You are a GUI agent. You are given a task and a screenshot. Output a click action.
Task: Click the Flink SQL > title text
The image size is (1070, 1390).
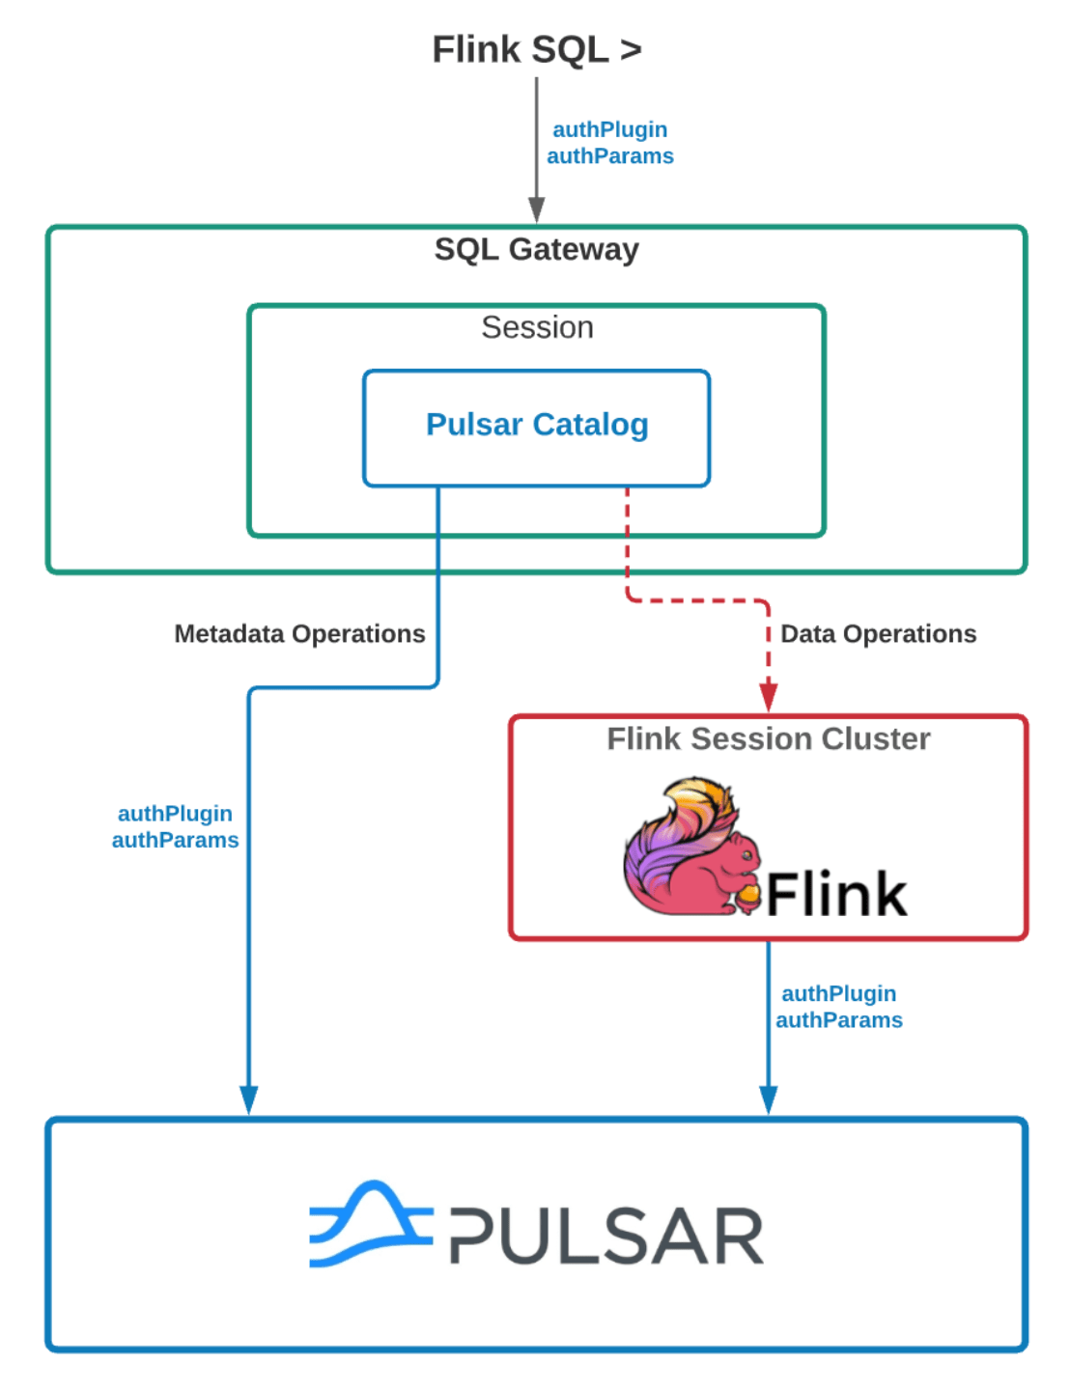click(536, 49)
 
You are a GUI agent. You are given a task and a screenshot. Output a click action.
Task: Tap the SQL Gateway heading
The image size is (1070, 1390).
click(536, 249)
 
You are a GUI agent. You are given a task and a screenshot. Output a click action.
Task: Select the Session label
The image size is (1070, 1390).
click(537, 327)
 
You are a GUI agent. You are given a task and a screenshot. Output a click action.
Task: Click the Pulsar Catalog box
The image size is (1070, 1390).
click(537, 425)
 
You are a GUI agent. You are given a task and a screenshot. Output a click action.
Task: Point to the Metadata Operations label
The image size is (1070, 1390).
click(299, 633)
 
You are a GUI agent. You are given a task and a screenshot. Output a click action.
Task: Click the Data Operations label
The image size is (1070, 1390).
click(878, 633)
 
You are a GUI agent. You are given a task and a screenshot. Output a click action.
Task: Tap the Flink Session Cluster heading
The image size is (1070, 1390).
click(768, 738)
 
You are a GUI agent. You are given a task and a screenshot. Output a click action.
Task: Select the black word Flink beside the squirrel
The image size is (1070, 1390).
click(836, 894)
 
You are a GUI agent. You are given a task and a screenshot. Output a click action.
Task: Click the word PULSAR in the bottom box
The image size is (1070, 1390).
click(606, 1236)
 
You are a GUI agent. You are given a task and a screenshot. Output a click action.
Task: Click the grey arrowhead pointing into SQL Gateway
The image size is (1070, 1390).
click(537, 209)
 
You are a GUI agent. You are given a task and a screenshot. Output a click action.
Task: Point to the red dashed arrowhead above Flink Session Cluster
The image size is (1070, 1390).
click(769, 697)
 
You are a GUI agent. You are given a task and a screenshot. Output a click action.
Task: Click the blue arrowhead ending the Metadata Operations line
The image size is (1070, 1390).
click(249, 1099)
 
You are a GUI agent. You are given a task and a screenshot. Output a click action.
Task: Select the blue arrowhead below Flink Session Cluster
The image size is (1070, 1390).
click(769, 1099)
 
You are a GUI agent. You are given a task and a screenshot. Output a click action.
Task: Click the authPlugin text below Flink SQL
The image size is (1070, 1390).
click(609, 129)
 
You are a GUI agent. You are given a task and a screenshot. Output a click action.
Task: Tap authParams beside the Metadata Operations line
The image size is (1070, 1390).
click(175, 840)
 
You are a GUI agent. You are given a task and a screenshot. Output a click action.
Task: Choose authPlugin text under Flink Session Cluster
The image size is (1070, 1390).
click(838, 993)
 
